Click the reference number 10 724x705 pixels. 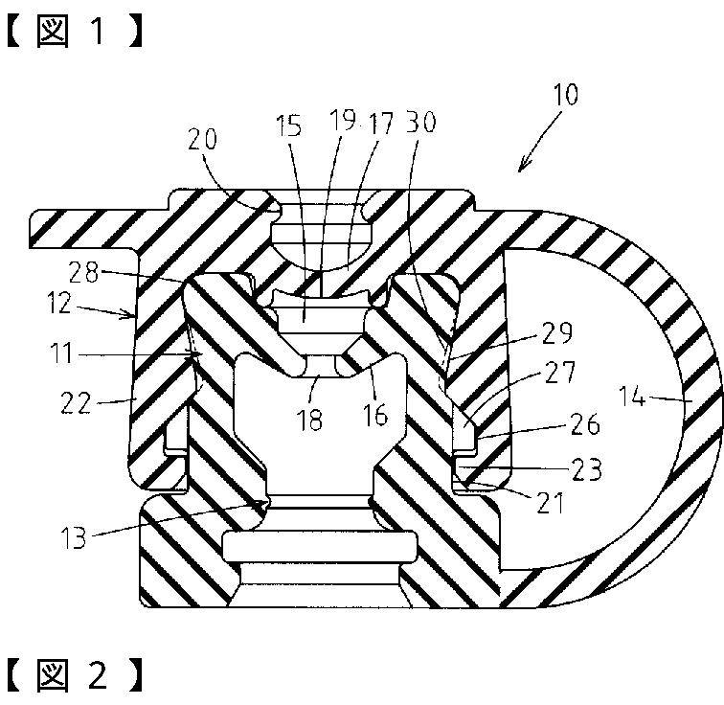click(x=565, y=94)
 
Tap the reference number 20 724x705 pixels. click(x=202, y=139)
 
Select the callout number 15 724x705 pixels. click(x=288, y=125)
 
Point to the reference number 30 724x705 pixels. click(x=420, y=123)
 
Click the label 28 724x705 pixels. click(x=84, y=272)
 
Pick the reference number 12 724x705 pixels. click(x=60, y=304)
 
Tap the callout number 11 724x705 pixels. click(x=61, y=353)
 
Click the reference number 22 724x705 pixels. click(x=76, y=403)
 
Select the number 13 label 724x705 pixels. click(x=74, y=537)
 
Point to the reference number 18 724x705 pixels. click(x=310, y=420)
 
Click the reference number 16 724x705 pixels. click(x=374, y=415)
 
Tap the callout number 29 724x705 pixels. click(x=556, y=332)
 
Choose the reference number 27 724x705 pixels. click(x=560, y=372)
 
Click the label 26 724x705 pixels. click(x=585, y=423)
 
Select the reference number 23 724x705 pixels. click(x=587, y=469)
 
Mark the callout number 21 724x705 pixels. click(x=551, y=503)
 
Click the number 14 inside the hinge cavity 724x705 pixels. click(x=632, y=397)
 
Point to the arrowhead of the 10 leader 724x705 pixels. click(x=520, y=170)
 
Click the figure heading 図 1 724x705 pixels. click(x=74, y=32)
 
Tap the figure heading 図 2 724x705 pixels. click(x=74, y=675)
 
